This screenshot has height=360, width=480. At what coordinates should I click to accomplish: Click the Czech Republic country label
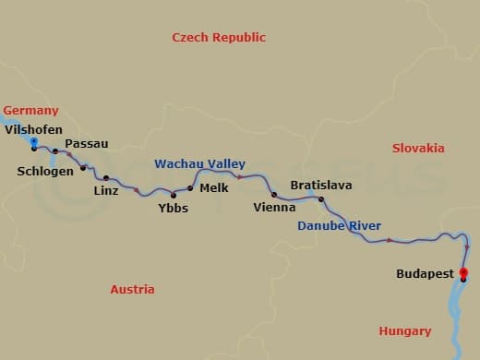tap(219, 38)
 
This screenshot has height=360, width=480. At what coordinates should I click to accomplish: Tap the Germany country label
tap(30, 110)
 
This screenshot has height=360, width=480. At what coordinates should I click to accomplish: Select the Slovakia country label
tap(418, 149)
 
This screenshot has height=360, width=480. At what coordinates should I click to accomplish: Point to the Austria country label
tap(132, 290)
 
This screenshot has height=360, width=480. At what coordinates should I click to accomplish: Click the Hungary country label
tap(404, 331)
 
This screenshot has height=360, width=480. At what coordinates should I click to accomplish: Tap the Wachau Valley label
tap(199, 163)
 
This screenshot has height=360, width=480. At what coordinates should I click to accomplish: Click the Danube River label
tap(339, 226)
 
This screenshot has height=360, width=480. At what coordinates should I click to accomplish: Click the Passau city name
tap(87, 143)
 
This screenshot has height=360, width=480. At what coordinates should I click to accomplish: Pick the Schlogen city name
tap(45, 171)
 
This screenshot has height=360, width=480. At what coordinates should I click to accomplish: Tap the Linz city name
tap(106, 191)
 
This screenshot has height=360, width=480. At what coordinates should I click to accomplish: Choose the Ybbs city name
tap(173, 208)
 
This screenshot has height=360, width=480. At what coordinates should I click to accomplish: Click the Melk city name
tap(213, 187)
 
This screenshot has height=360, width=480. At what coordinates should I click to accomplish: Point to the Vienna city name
tap(274, 208)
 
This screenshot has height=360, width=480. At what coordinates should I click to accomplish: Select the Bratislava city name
tap(320, 186)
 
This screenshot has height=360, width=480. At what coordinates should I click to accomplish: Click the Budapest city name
tap(425, 274)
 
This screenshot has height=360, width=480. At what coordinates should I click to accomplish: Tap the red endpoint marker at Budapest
tap(463, 272)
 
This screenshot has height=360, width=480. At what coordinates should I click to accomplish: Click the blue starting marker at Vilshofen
tap(34, 142)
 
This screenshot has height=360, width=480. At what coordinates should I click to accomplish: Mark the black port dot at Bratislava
tap(321, 199)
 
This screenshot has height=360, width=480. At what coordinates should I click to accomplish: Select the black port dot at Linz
tap(106, 178)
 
